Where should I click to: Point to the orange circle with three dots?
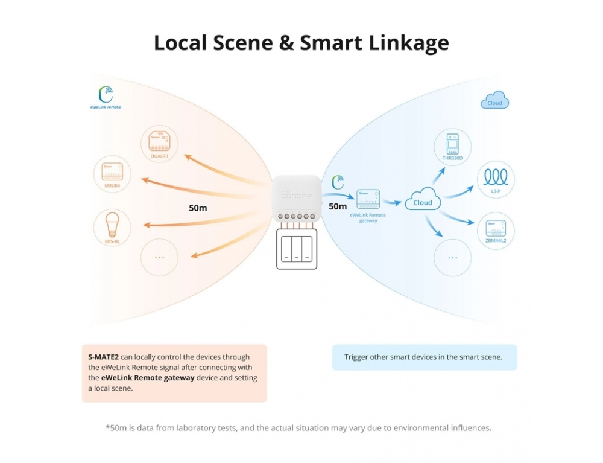click(x=159, y=257)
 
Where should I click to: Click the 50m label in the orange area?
click(x=198, y=208)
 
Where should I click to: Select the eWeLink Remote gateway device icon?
click(x=367, y=199)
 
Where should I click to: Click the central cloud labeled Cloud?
click(x=423, y=202)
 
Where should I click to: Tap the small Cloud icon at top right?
click(x=495, y=101)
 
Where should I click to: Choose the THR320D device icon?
click(x=452, y=145)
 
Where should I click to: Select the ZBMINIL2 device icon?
click(x=496, y=229)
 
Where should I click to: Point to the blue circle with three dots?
click(x=452, y=257)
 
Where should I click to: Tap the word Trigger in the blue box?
click(x=356, y=357)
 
